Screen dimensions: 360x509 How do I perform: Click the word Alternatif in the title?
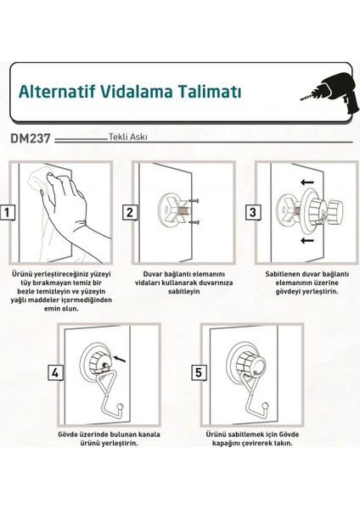pos(57,92)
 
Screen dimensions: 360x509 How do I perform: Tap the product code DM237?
pos(31,138)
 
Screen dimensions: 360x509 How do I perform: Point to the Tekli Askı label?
pos(127,137)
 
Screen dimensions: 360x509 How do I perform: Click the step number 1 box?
pos(7,212)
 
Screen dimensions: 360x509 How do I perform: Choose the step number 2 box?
pos(130,212)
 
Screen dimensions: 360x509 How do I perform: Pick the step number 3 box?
pos(253,212)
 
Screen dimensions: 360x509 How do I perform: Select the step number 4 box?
pos(55,372)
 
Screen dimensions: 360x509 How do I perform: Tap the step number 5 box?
pos(199,372)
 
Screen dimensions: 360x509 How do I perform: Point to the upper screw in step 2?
pos(193,201)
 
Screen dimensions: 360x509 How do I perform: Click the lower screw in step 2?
pos(194,222)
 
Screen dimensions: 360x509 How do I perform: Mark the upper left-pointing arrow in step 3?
pos(307,182)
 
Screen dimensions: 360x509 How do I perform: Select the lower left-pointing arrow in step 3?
pos(307,240)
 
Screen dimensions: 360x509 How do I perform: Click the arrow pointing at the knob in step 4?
pos(120,358)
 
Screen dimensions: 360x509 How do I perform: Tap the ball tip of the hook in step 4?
pos(121,406)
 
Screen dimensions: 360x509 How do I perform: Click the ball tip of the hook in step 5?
pos(266,406)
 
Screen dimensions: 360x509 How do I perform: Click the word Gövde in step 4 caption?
pos(68,434)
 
